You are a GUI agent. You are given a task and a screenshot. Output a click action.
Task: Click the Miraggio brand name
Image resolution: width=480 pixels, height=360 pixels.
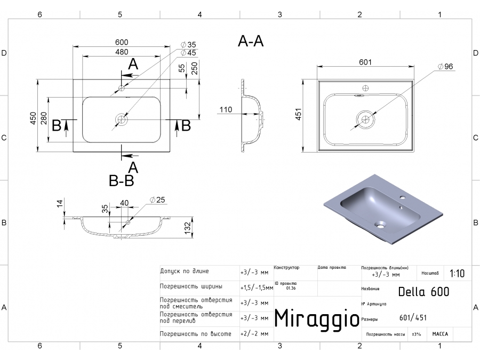[x=316, y=318]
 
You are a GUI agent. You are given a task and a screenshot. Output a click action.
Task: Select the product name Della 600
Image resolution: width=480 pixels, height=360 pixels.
[x=423, y=292]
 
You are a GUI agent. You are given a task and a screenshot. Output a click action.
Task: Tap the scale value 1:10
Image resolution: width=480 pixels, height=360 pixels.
[x=457, y=274]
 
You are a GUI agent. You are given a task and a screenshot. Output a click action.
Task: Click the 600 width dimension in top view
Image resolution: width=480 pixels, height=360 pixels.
[x=121, y=43]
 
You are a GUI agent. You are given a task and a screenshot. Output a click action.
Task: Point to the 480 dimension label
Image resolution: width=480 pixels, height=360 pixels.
[x=121, y=52]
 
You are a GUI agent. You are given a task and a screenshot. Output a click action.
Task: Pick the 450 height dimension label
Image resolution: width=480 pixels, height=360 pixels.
[x=33, y=118]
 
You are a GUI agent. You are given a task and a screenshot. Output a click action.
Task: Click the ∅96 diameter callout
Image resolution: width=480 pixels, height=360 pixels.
[x=444, y=67]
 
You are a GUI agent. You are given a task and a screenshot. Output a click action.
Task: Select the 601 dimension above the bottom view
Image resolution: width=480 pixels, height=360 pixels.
[x=365, y=62]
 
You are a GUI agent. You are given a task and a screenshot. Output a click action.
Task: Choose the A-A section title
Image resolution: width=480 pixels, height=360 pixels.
[x=251, y=42]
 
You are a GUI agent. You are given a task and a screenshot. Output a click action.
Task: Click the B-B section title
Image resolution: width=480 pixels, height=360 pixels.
[x=121, y=181]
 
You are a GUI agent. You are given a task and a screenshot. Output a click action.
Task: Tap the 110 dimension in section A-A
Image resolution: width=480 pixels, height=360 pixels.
[x=225, y=110]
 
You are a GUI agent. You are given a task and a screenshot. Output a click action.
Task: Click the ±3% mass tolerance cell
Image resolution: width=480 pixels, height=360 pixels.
[x=416, y=334]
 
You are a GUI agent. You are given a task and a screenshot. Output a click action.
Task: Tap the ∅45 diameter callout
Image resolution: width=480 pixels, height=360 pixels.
[x=188, y=53]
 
